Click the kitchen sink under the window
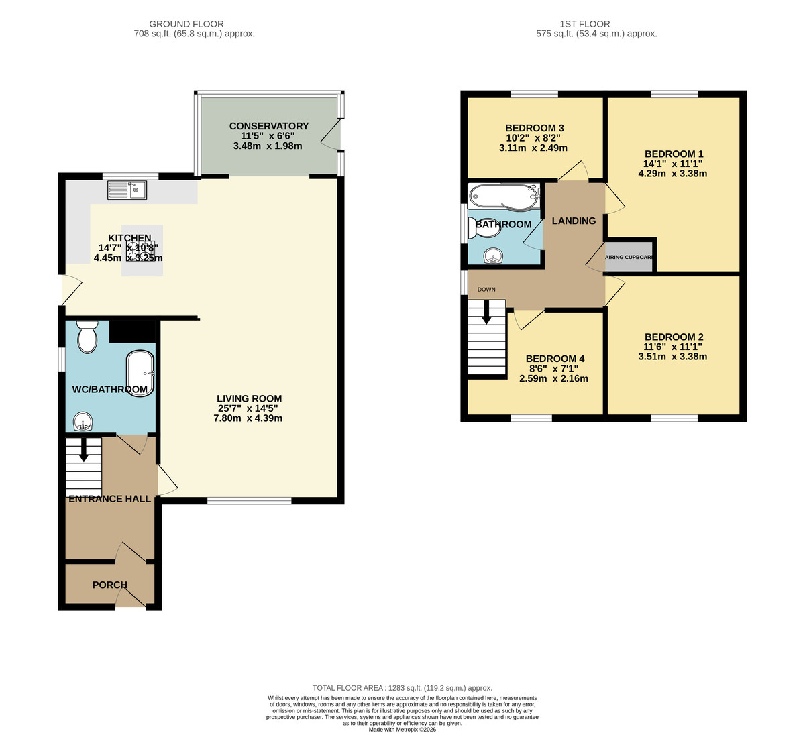127,190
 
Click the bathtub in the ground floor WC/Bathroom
141,374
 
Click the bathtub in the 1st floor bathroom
504,196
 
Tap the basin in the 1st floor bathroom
494,256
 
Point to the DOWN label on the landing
486,290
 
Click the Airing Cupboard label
629,257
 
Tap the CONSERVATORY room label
269,126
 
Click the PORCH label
110,585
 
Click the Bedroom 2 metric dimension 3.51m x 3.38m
674,357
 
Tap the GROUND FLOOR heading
186,24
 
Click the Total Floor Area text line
402,688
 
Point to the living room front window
249,500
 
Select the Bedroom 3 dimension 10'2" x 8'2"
533,138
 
